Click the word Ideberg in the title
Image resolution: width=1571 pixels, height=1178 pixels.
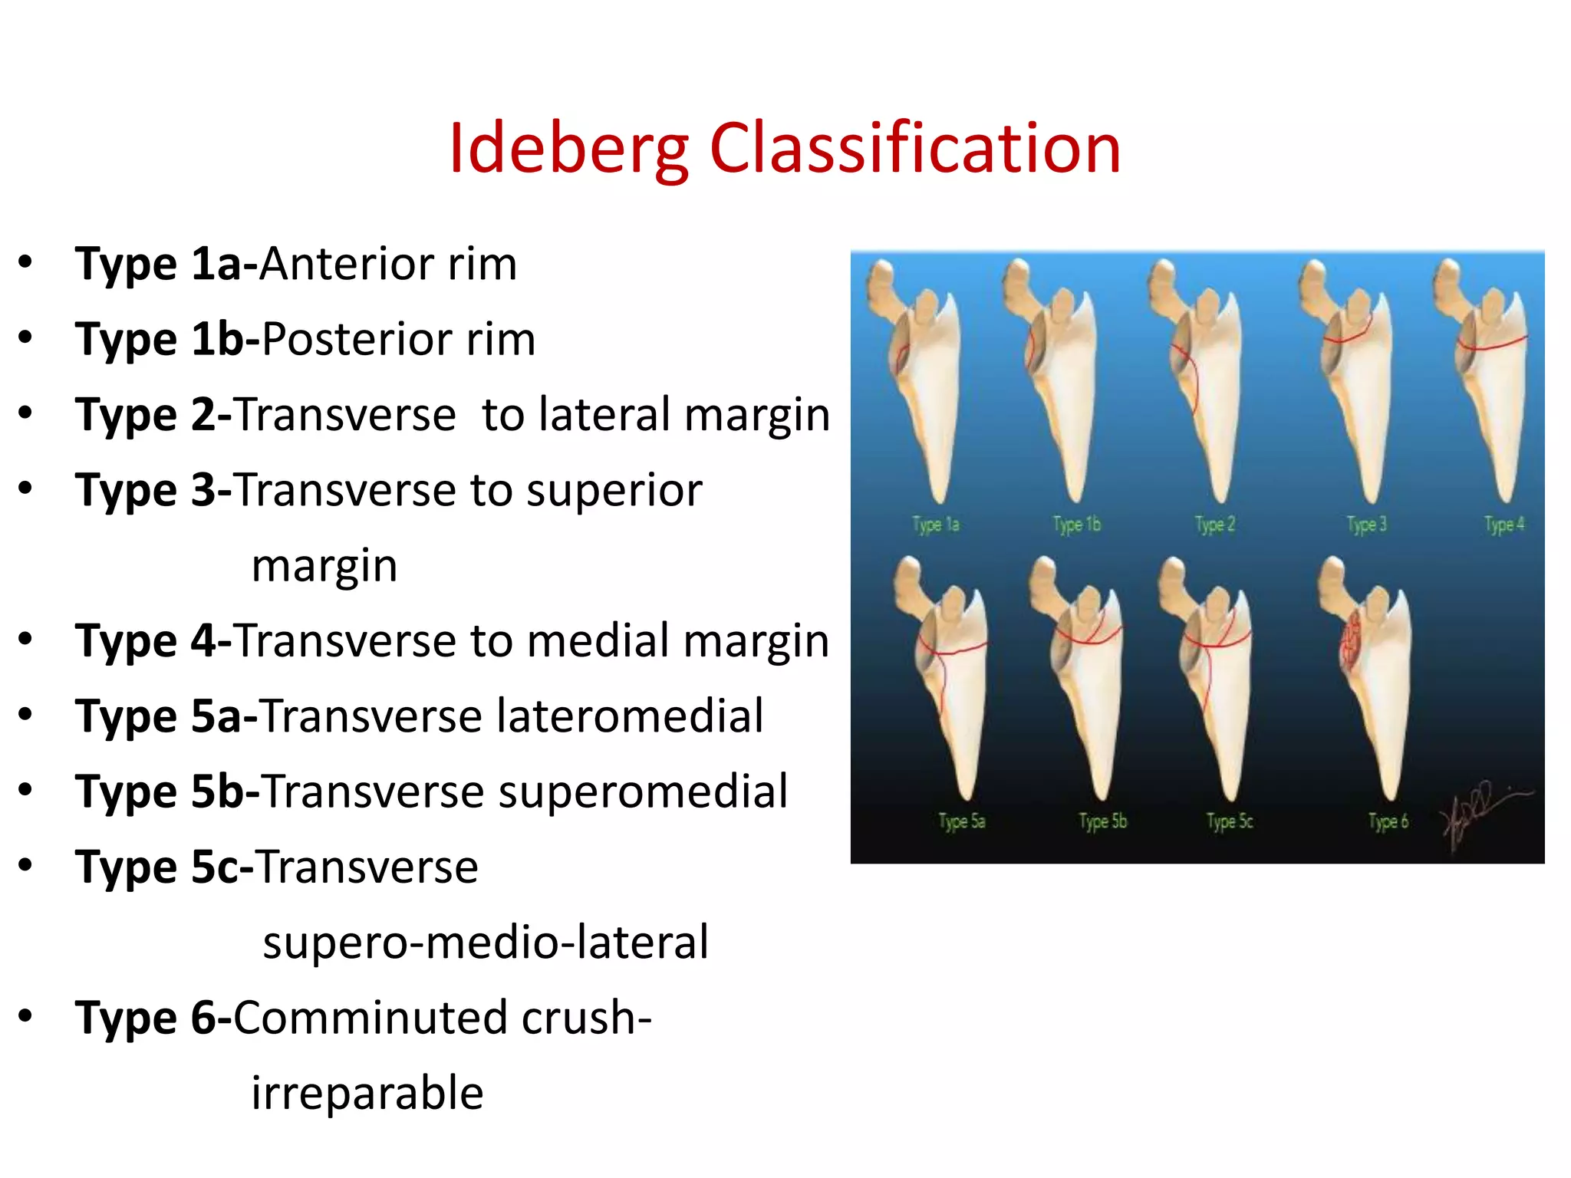tap(568, 150)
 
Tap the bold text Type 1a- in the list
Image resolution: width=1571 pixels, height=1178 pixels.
tap(166, 265)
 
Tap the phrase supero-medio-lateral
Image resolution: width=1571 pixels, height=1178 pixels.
tap(486, 943)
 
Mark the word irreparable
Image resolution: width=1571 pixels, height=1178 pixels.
tap(367, 1093)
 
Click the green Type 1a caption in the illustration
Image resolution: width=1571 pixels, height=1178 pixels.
tap(936, 525)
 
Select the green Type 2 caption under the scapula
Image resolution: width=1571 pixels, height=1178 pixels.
tap(1215, 525)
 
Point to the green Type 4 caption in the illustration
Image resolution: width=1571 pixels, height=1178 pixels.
tap(1504, 525)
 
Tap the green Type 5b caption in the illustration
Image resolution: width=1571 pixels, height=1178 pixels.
tap(1103, 821)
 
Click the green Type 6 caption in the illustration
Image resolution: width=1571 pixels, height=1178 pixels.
tap(1388, 821)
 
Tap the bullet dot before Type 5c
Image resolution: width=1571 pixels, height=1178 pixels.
tap(26, 865)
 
